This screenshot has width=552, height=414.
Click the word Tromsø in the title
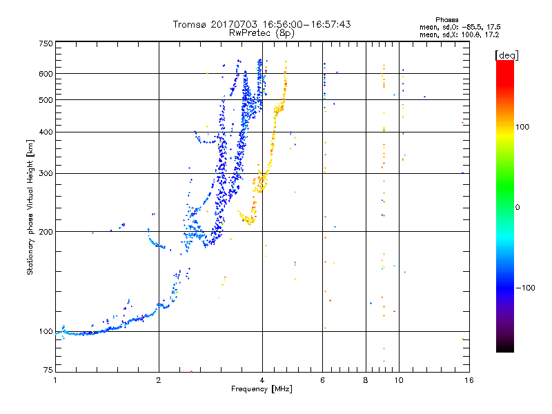point(190,24)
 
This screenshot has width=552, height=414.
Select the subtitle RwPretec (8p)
point(262,33)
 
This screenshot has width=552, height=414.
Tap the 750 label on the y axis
point(46,43)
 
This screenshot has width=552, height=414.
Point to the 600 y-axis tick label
point(46,74)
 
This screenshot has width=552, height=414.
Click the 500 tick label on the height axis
point(46,100)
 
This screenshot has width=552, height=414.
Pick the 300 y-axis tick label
point(46,173)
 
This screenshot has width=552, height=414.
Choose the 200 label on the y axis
point(46,232)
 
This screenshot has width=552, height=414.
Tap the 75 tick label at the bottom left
point(48,370)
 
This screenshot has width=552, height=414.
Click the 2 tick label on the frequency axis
point(159,380)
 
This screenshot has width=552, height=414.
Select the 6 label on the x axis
point(322,380)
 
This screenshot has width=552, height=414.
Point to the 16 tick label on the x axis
point(469,380)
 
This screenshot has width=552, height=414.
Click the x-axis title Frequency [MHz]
point(262,389)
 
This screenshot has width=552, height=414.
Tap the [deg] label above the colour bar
point(506,55)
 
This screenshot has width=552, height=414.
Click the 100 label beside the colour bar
point(522,127)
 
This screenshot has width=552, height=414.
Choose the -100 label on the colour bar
point(525,288)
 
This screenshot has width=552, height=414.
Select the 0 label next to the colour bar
point(517,208)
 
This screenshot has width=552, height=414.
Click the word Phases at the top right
point(446,20)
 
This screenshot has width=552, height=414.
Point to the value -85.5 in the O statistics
point(472,27)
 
